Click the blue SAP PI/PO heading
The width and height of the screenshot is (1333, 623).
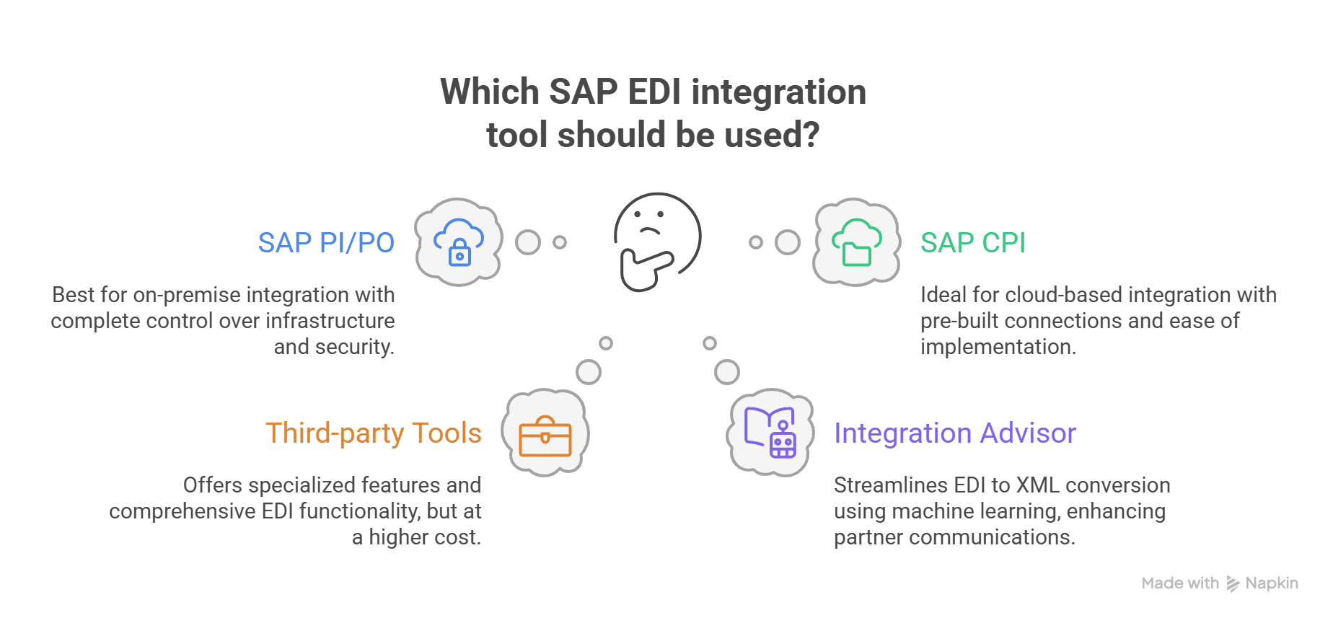coord(326,243)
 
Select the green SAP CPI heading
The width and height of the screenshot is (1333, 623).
coord(972,243)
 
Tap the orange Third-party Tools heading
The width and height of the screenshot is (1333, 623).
coord(374,433)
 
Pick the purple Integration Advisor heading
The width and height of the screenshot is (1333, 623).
coord(955,433)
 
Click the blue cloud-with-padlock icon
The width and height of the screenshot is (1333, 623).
coord(458,242)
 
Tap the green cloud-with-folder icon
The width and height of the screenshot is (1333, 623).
coord(856,242)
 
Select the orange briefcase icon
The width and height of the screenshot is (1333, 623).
coord(545,436)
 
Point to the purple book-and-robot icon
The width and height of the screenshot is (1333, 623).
coord(771,433)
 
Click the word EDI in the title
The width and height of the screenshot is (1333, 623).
coord(654,92)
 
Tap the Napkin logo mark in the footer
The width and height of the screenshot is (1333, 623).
coord(1233,584)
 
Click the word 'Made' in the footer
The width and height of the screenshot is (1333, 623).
coord(1161,583)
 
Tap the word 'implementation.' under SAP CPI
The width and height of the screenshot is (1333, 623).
coord(998,347)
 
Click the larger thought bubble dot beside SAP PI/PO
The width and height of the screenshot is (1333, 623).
coord(528,242)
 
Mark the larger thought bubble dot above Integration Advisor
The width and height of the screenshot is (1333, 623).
coord(727,372)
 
